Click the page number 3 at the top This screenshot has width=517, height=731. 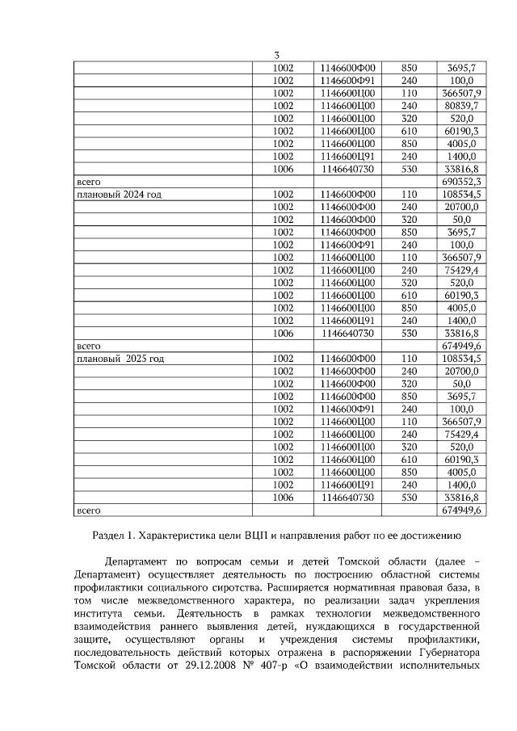276,55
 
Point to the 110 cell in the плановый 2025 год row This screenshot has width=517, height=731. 410,358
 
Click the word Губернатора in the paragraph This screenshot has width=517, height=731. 450,653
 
